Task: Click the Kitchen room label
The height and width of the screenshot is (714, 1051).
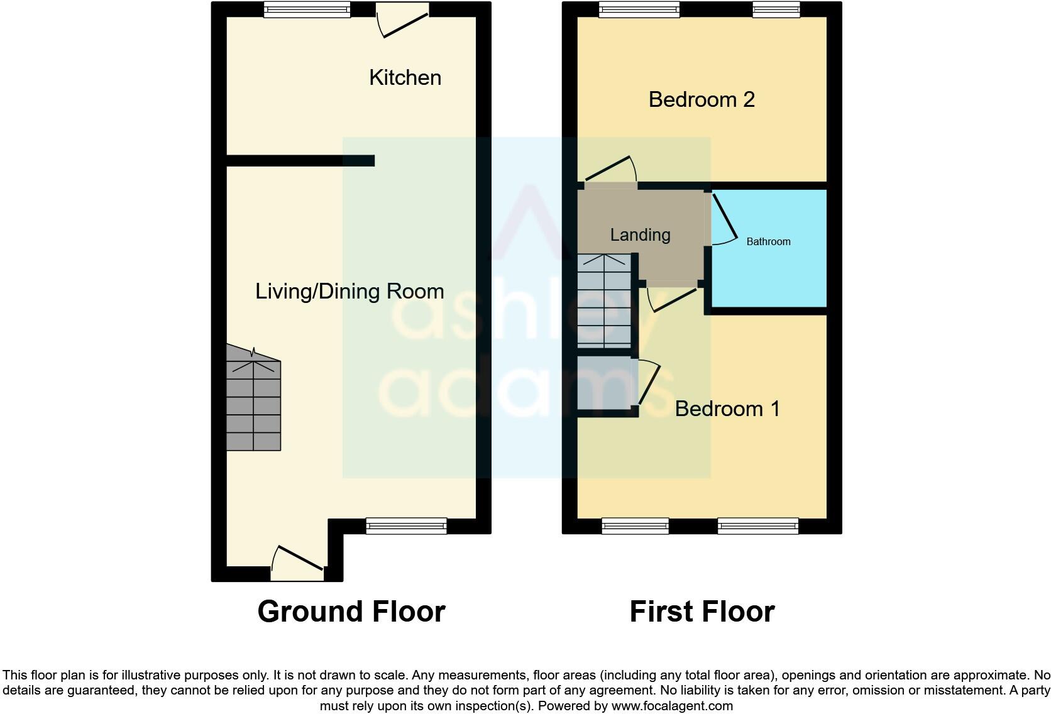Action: click(405, 77)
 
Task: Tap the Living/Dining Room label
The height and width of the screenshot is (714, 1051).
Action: click(349, 291)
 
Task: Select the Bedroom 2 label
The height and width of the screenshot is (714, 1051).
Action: click(702, 99)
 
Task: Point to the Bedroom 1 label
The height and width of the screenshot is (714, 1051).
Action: click(727, 409)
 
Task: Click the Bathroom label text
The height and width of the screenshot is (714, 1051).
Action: click(768, 241)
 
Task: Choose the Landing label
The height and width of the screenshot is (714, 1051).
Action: click(640, 234)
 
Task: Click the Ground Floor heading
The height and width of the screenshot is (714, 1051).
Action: click(351, 612)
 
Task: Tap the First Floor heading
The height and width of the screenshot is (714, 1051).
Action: click(702, 612)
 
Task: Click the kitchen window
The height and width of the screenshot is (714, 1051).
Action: click(307, 9)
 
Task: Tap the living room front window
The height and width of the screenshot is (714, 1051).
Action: click(406, 526)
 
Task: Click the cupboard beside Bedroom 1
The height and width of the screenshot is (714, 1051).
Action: click(604, 383)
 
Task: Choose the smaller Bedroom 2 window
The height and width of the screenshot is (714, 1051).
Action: click(776, 9)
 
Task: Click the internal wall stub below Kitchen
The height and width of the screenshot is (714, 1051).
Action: click(300, 161)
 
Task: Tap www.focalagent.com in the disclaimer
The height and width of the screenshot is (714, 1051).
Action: click(672, 706)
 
